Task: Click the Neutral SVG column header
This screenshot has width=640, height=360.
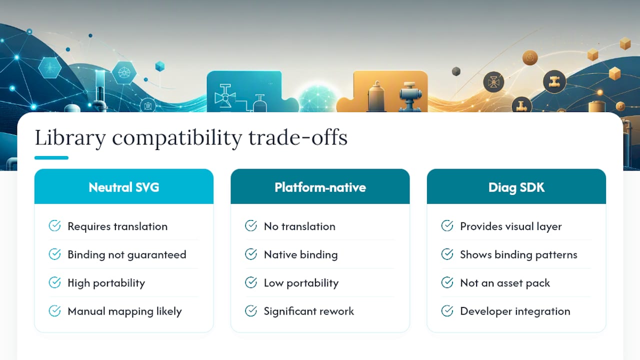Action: click(123, 187)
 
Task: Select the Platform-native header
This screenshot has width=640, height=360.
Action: click(320, 187)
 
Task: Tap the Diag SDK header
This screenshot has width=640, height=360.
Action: click(516, 187)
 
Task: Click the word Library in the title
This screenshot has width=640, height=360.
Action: click(70, 138)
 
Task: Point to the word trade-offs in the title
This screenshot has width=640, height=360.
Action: click(297, 137)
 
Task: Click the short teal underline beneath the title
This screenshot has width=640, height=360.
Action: click(51, 157)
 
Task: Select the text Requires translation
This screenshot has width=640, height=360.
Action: click(117, 226)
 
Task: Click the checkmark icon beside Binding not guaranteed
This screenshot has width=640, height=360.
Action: click(54, 254)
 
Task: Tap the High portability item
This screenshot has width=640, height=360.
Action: click(106, 283)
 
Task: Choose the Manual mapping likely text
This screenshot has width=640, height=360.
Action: click(124, 311)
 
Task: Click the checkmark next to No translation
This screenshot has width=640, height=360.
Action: click(251, 225)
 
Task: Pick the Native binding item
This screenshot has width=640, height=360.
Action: click(300, 254)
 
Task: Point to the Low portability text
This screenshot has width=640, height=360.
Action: click(301, 283)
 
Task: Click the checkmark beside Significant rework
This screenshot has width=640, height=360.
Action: click(251, 311)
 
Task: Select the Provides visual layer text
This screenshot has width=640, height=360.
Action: click(511, 226)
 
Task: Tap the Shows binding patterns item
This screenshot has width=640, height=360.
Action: click(518, 254)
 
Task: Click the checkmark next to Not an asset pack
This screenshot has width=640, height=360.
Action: click(447, 282)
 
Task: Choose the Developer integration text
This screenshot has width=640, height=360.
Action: click(515, 311)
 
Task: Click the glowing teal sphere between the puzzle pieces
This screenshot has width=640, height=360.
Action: click(317, 99)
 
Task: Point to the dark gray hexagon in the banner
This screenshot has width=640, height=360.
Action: click(456, 71)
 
